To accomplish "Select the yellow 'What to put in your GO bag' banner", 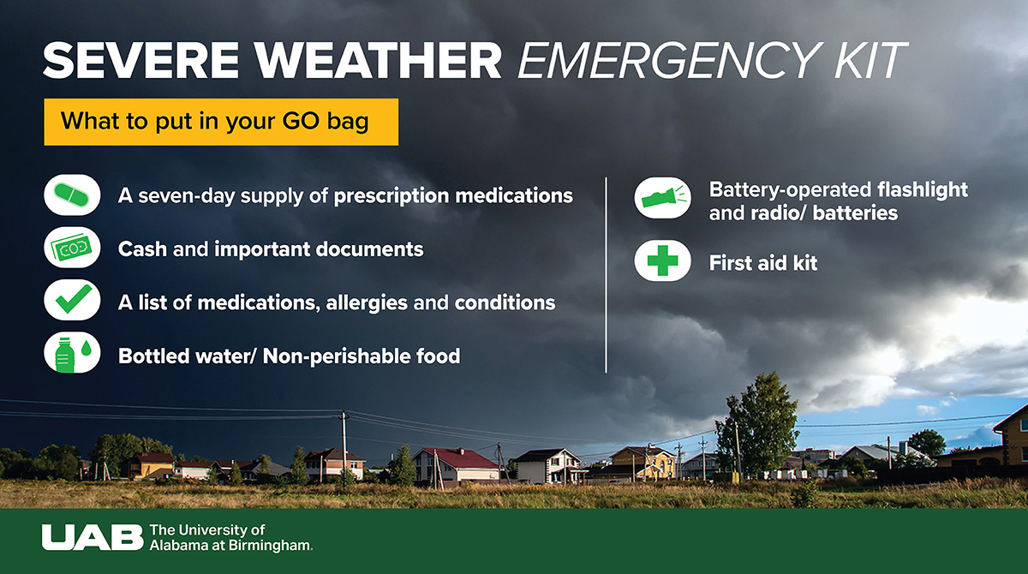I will (221, 122).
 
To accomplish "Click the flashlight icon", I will (662, 200).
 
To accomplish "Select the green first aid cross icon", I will (662, 263).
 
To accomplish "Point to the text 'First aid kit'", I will (762, 264).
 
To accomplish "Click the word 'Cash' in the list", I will (143, 249).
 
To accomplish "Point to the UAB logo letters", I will (92, 537).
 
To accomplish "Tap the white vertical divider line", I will (607, 274).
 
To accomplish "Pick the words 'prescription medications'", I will (452, 196).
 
